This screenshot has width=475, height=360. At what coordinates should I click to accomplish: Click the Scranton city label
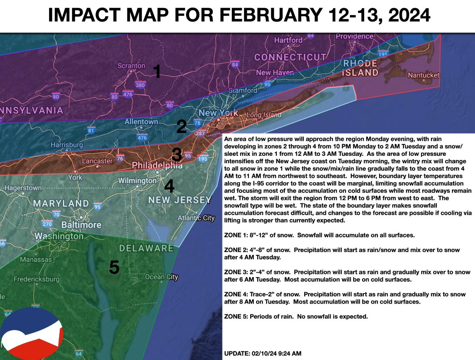tap(131, 65)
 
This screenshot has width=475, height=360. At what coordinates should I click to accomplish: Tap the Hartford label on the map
tap(288, 40)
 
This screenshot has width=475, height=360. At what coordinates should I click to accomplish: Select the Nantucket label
tap(423, 75)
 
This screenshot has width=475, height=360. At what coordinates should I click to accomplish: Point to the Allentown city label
tap(141, 121)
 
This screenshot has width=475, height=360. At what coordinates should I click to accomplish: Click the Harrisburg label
tap(67, 144)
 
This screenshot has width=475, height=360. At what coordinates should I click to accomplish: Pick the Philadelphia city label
tap(157, 166)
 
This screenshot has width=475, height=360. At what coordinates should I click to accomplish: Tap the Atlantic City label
tap(196, 218)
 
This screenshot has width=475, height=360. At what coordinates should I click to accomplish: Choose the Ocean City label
tap(162, 277)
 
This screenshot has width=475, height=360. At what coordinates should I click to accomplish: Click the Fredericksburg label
tap(37, 279)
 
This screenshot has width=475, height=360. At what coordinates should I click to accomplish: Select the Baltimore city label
tap(81, 224)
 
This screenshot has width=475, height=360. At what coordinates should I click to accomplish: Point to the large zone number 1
tap(157, 72)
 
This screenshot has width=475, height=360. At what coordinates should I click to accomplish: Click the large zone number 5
tap(114, 267)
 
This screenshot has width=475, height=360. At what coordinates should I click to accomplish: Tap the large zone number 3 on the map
tap(177, 155)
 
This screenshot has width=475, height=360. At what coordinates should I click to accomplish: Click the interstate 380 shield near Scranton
tap(140, 85)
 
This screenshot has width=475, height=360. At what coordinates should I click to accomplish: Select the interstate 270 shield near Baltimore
tap(47, 224)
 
